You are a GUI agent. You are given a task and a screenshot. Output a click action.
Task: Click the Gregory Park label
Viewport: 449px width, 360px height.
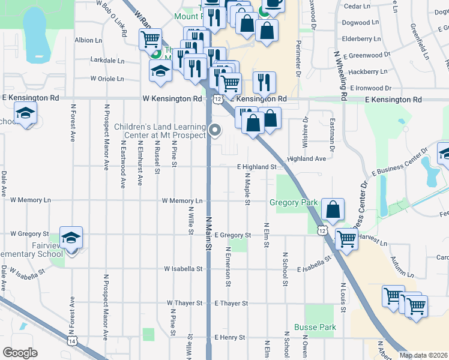(x=293, y=203)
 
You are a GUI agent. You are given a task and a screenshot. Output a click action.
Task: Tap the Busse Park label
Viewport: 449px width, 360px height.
(x=315, y=328)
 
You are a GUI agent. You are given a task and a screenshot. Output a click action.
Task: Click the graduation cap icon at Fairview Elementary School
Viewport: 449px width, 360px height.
(x=71, y=238)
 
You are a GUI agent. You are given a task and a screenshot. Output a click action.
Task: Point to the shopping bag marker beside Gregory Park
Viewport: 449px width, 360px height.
(x=333, y=209)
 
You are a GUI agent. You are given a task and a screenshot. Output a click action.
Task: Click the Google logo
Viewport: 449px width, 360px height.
(x=20, y=353)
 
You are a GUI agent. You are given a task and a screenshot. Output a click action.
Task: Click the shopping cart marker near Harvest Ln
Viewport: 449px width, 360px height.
(x=347, y=238)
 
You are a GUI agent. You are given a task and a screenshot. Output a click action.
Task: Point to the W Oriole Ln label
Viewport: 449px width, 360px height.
(x=107, y=79)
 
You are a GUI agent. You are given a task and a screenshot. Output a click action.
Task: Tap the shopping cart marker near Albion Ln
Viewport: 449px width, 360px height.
(x=149, y=40)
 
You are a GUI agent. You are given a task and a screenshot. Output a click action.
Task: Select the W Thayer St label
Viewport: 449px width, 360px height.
(x=184, y=304)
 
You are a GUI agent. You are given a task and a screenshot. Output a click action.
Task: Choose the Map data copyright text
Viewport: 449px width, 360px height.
(x=423, y=354)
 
